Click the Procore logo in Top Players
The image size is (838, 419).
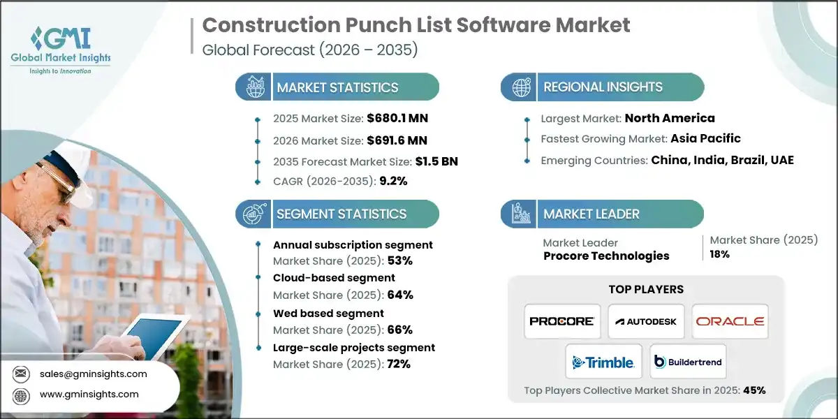[562, 321]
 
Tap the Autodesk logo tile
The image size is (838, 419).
[646, 321]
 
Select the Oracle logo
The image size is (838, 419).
[730, 321]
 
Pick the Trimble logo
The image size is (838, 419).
[603, 362]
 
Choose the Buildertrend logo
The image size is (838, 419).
[688, 362]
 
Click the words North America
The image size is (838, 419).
[670, 118]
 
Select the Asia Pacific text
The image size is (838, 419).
[705, 138]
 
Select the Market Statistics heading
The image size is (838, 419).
[337, 88]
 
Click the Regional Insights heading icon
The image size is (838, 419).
[522, 87]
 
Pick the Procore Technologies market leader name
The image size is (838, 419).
[606, 256]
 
